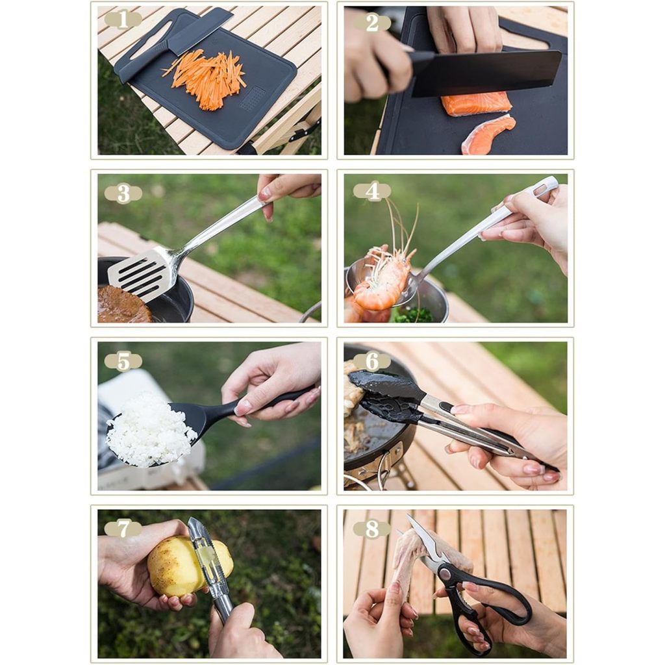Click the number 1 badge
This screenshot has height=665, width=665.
pos(123,19)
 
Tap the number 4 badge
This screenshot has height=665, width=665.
pos(372,192)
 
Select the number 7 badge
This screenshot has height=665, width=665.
pos(123,529)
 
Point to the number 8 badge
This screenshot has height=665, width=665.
pos(372,529)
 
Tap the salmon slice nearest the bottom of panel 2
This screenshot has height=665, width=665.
pos(488,134)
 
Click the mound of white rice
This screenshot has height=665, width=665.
pos(149,431)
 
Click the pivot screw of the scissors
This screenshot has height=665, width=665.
pos(445,573)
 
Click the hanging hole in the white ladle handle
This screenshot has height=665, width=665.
pos(542,188)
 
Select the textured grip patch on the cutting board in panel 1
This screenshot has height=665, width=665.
pos(252,98)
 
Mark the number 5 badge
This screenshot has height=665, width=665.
pos(123,362)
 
